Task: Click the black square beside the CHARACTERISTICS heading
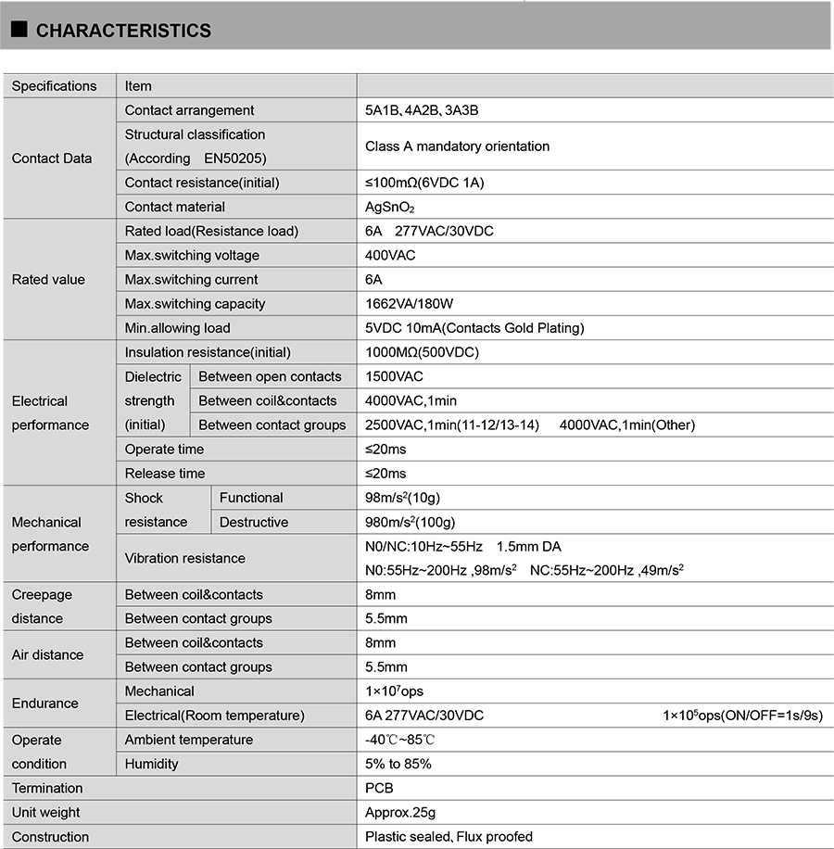pyautogui.click(x=19, y=30)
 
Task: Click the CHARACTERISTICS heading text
pyautogui.click(x=123, y=31)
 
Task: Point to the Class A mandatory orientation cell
pyautogui.click(x=457, y=146)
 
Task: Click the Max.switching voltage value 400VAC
pyautogui.click(x=391, y=255)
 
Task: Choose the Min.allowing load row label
pyautogui.click(x=178, y=328)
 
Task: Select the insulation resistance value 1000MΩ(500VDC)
pyautogui.click(x=422, y=352)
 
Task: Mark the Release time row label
pyautogui.click(x=165, y=474)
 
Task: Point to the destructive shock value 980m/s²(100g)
pyautogui.click(x=411, y=522)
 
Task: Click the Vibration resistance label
pyautogui.click(x=185, y=558)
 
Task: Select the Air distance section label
pyautogui.click(x=47, y=654)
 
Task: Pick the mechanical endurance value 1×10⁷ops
pyautogui.click(x=395, y=691)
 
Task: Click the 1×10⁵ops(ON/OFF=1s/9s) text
pyautogui.click(x=742, y=716)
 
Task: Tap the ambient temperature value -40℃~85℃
pyautogui.click(x=400, y=740)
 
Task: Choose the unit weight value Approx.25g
pyautogui.click(x=400, y=813)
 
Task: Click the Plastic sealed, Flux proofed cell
pyautogui.click(x=449, y=837)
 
